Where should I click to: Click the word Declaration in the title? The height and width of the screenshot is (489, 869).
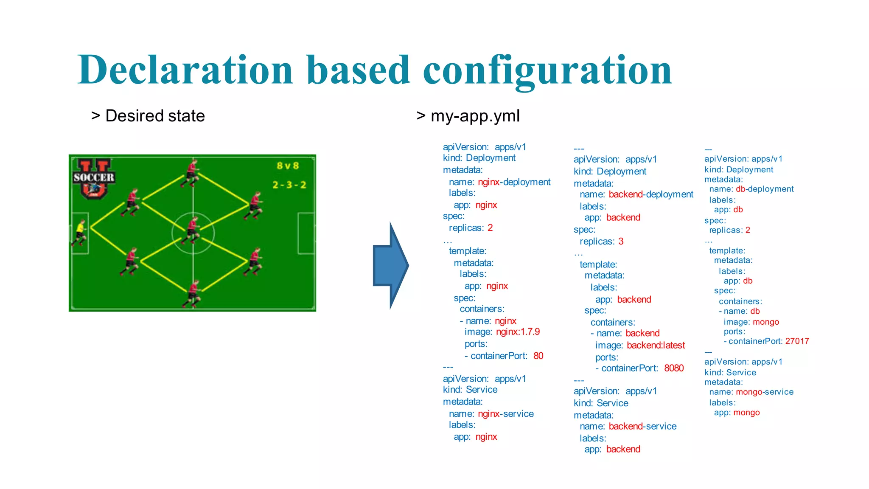(185, 70)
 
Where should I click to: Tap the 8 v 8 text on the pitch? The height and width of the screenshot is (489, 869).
(288, 166)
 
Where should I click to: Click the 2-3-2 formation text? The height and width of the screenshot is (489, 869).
(289, 185)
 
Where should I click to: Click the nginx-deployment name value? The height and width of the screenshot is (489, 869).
(514, 182)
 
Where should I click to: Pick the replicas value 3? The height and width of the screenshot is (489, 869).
(621, 242)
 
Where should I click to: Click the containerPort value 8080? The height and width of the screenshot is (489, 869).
(674, 368)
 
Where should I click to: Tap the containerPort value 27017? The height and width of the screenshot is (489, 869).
(797, 341)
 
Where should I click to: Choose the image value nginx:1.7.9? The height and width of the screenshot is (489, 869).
(518, 332)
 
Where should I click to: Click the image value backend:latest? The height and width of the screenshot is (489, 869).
(656, 346)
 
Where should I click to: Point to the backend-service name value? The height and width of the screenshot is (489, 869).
(642, 427)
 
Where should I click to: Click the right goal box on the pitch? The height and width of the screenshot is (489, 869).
(306, 233)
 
